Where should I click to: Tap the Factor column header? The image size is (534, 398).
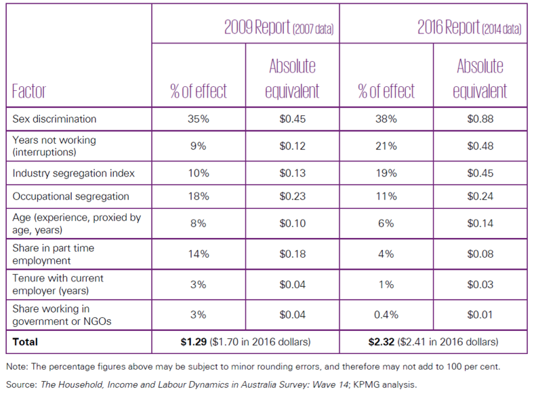[28, 91]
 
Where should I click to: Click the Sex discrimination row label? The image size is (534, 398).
[55, 119]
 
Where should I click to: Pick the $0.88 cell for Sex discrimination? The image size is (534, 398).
[480, 119]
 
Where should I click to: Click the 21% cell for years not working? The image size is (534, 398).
[387, 146]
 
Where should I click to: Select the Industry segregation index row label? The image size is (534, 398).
[73, 173]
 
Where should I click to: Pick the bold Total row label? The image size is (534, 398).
[24, 341]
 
